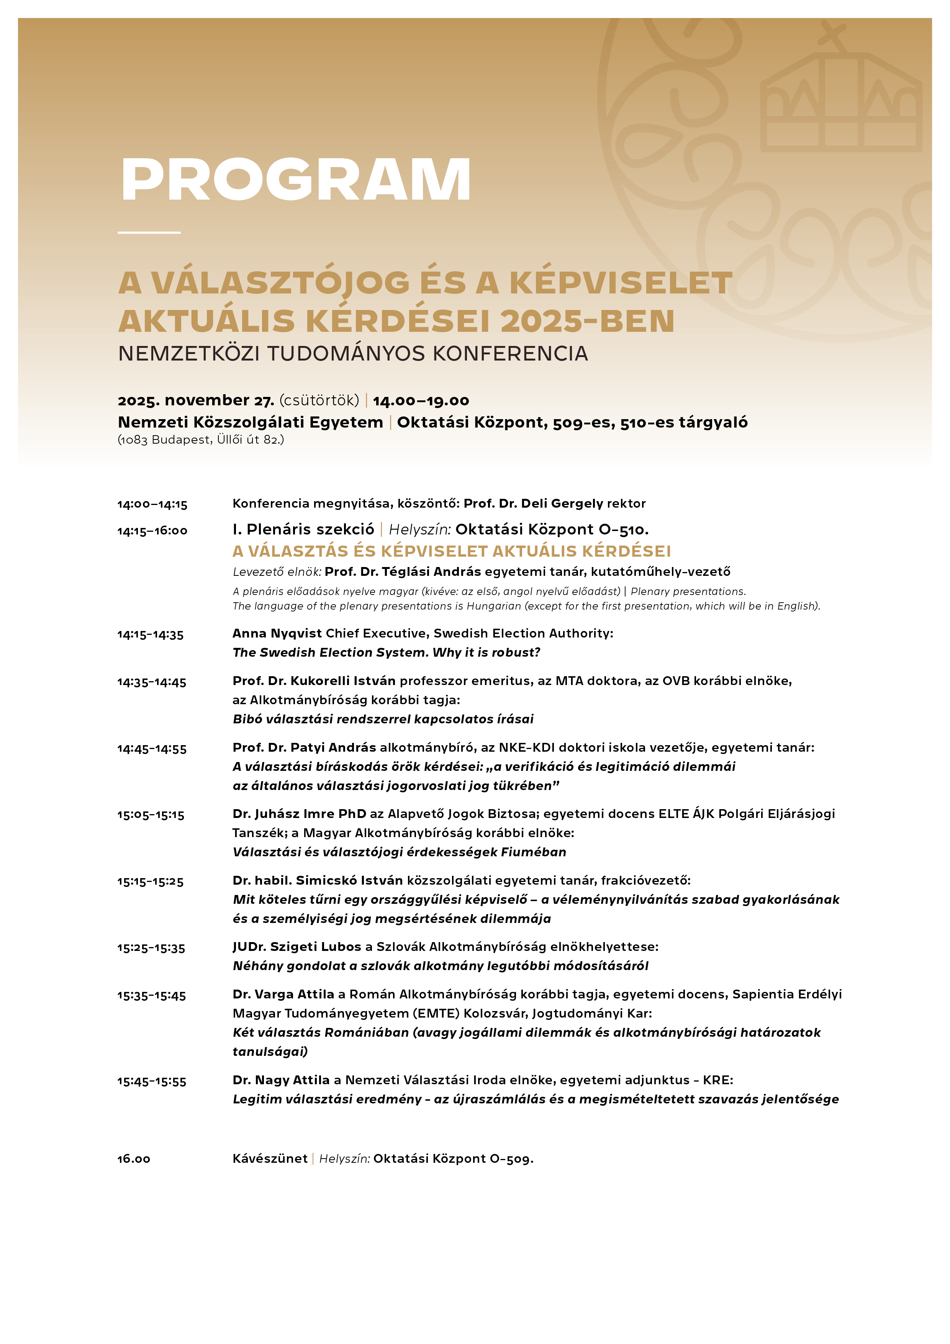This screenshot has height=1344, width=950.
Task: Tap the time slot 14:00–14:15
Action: (152, 505)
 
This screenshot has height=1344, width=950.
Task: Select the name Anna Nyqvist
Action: (277, 633)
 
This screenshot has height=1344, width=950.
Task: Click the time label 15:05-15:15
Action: (151, 815)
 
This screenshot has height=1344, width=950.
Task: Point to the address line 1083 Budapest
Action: (201, 439)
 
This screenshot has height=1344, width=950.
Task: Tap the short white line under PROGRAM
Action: (149, 233)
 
